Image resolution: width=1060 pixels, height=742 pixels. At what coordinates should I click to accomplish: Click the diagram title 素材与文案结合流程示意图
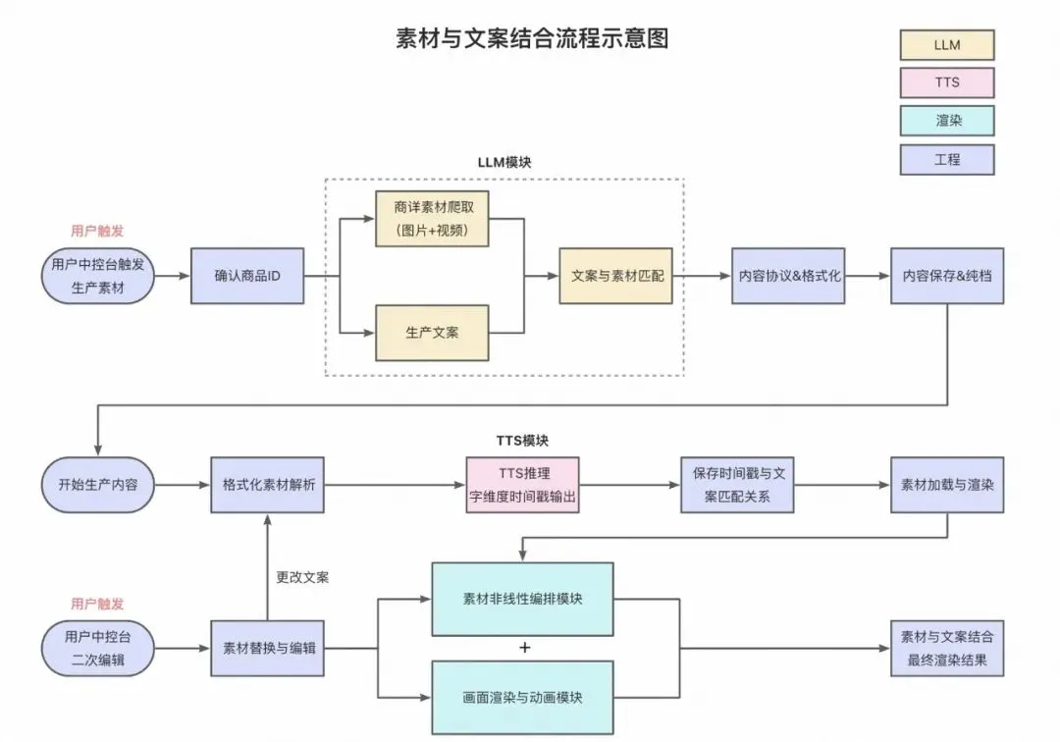pyautogui.click(x=532, y=38)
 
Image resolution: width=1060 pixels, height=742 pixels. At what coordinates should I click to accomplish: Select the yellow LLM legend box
pyautogui.click(x=947, y=45)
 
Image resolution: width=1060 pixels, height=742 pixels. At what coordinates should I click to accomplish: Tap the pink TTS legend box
pyautogui.click(x=947, y=82)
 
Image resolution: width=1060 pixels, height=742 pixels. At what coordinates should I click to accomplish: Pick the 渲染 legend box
pyautogui.click(x=947, y=121)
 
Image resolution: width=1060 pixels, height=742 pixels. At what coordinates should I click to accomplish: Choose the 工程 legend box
pyautogui.click(x=947, y=159)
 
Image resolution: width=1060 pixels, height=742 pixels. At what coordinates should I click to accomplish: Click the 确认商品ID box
pyautogui.click(x=247, y=276)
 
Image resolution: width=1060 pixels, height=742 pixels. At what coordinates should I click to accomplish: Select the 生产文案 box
pyautogui.click(x=432, y=332)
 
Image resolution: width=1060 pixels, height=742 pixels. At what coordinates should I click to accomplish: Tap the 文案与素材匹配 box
pyautogui.click(x=616, y=276)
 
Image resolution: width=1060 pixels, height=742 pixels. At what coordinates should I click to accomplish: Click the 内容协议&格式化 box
pyautogui.click(x=788, y=276)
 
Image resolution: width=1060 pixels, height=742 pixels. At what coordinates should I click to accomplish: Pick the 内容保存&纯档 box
pyautogui.click(x=947, y=276)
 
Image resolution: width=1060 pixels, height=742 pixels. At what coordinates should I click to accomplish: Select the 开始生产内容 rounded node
pyautogui.click(x=98, y=484)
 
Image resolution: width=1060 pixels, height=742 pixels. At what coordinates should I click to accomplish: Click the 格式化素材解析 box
pyautogui.click(x=267, y=484)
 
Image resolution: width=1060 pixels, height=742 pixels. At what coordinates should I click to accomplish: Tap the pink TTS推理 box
pyautogui.click(x=522, y=484)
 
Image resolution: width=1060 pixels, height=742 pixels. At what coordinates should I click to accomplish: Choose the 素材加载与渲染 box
pyautogui.click(x=947, y=484)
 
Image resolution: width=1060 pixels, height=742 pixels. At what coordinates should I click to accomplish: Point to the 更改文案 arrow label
pyautogui.click(x=302, y=577)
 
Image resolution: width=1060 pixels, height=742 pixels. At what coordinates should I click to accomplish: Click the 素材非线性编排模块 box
pyautogui.click(x=522, y=598)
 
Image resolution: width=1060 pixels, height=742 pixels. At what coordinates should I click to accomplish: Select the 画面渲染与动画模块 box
pyautogui.click(x=522, y=698)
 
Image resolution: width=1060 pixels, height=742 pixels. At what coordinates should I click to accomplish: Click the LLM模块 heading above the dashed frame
pyautogui.click(x=504, y=162)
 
